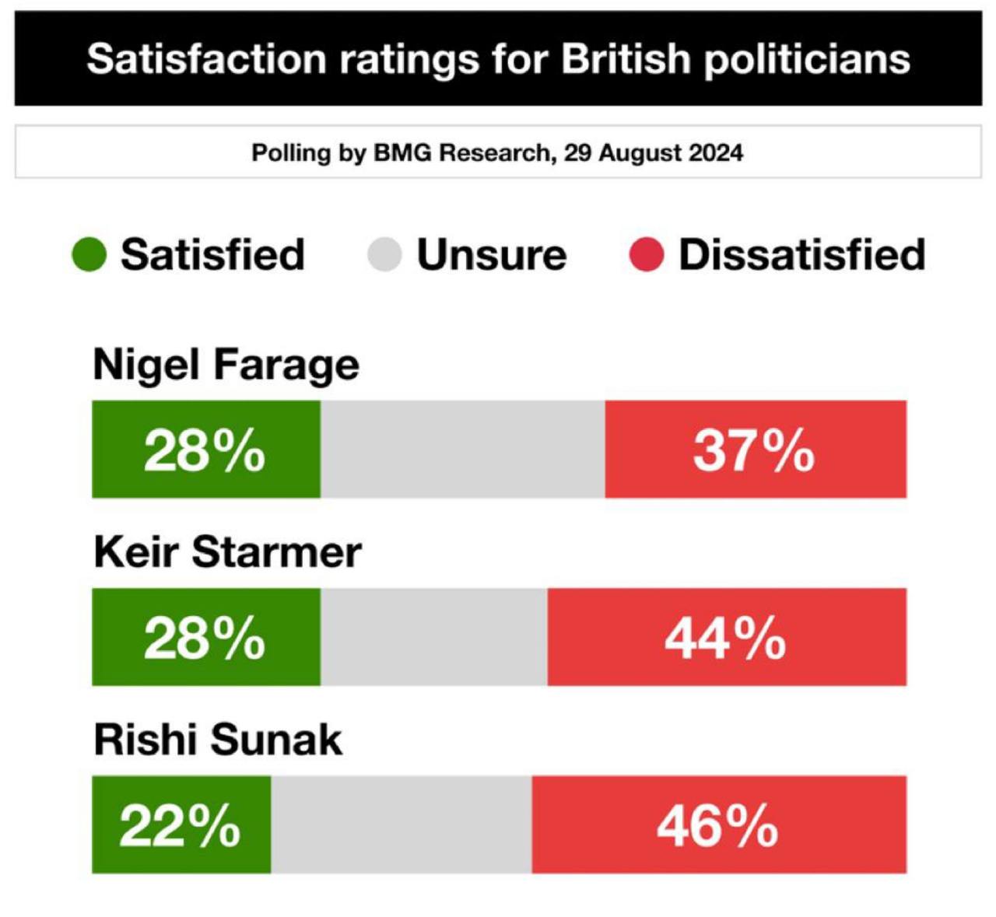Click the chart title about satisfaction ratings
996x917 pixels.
click(498, 59)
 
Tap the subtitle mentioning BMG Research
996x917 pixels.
click(497, 152)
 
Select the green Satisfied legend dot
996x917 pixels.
click(89, 255)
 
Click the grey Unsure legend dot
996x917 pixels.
click(384, 255)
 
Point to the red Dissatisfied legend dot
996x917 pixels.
click(646, 255)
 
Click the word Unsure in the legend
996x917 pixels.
click(492, 255)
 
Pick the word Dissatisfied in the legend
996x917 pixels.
click(801, 255)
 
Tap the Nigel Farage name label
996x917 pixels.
click(226, 366)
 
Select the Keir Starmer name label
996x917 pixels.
click(227, 552)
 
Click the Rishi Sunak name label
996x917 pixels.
click(218, 740)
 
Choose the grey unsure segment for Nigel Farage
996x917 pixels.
click(462, 450)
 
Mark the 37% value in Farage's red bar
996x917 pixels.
click(753, 451)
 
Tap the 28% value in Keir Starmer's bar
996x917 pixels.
click(205, 638)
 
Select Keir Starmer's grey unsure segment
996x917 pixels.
click(433, 637)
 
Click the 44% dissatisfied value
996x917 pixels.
click(725, 639)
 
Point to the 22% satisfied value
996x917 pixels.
click(180, 826)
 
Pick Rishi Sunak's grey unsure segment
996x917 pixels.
click(401, 824)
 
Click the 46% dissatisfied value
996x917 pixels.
click(717, 826)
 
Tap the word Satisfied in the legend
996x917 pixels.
click(212, 255)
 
